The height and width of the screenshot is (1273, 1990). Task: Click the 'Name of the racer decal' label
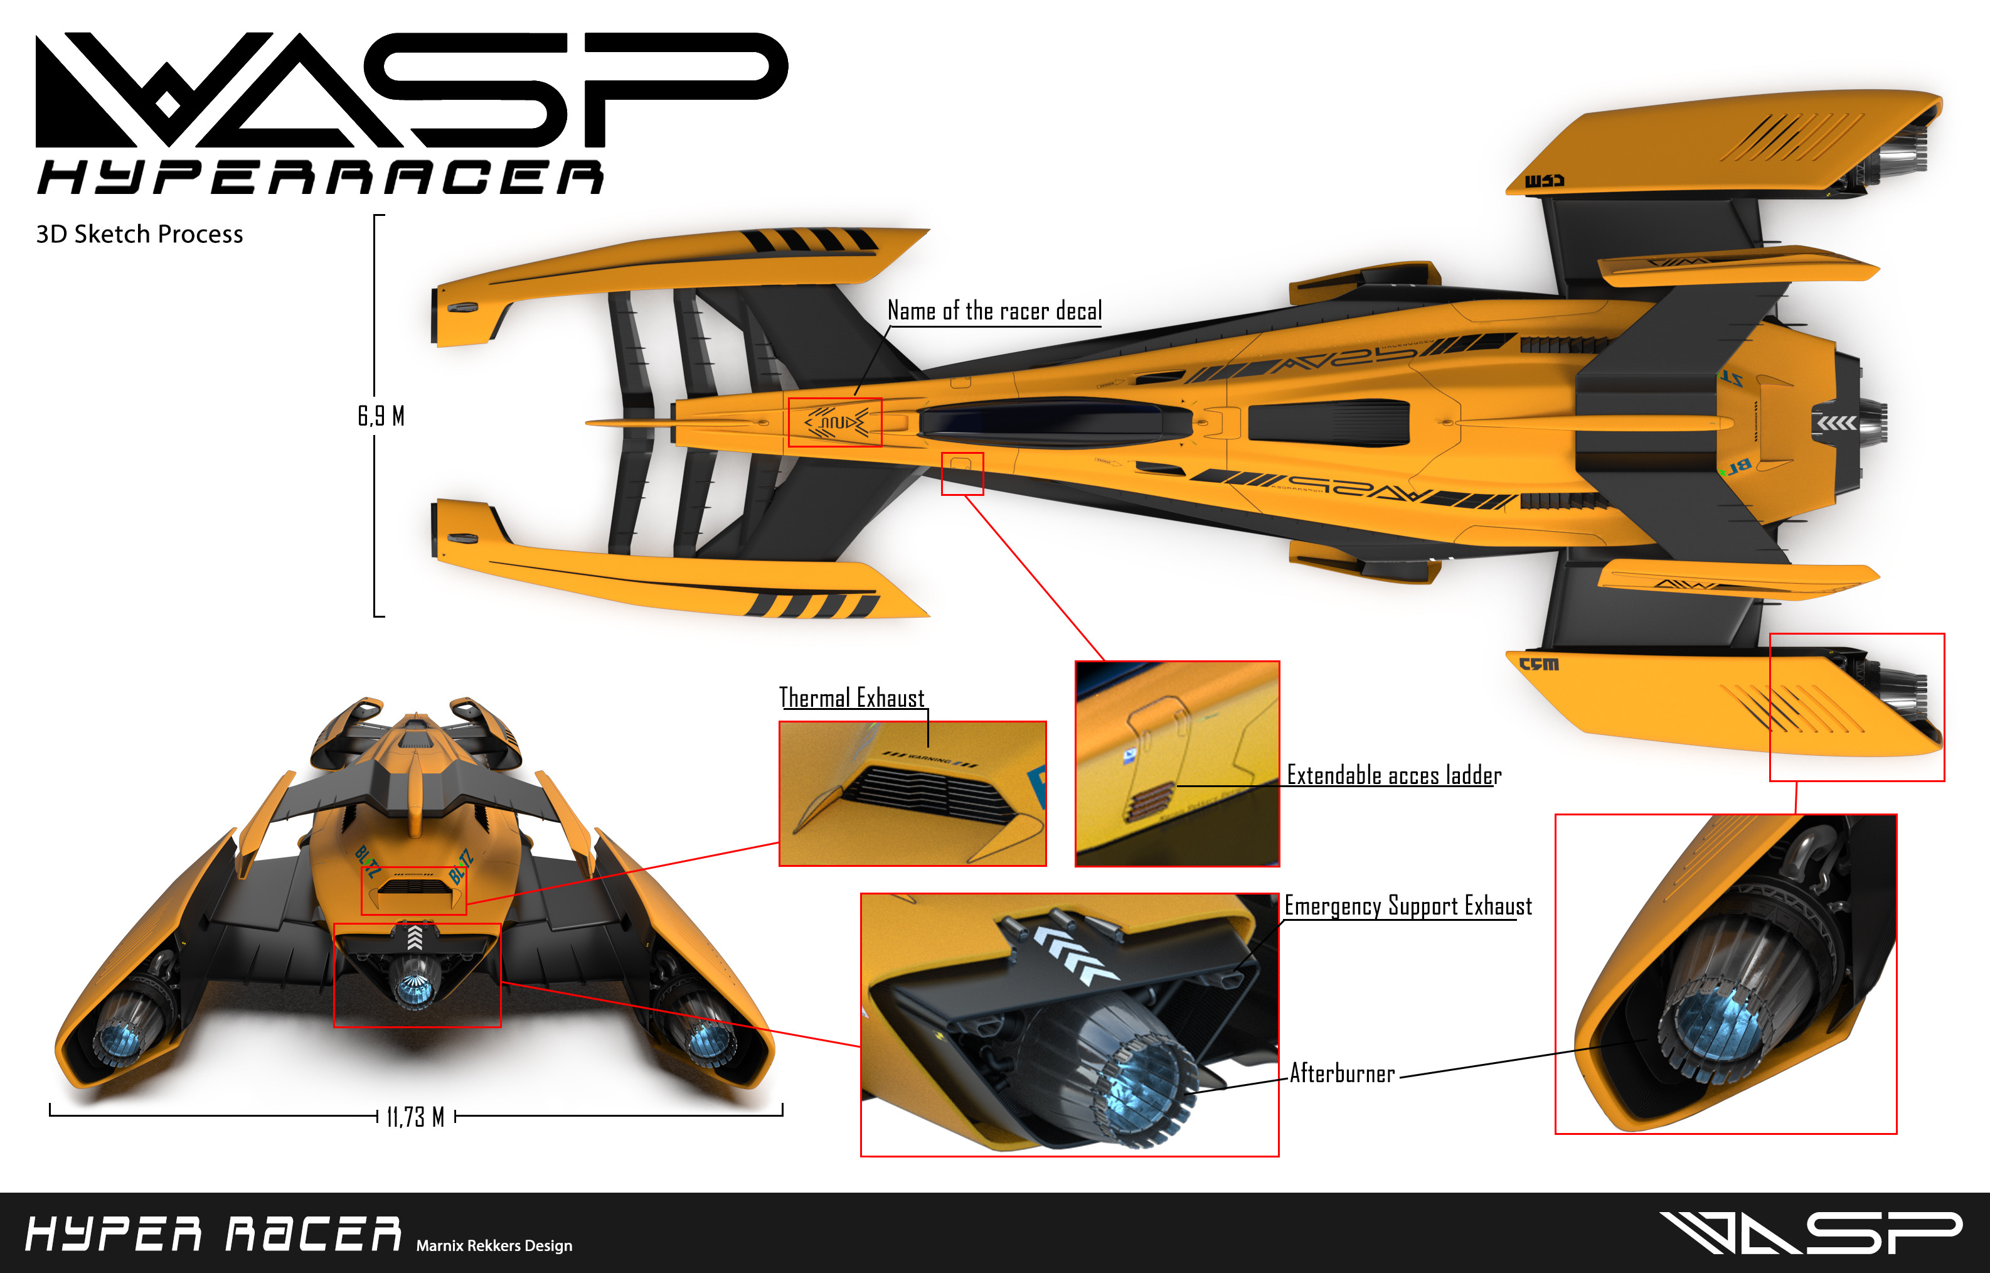tap(994, 311)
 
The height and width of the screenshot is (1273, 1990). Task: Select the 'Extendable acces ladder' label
tap(1393, 775)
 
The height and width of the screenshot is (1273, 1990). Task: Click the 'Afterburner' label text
tap(1342, 1074)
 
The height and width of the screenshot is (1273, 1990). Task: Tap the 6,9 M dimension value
tap(381, 416)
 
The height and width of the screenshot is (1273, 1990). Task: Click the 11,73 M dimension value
tap(416, 1117)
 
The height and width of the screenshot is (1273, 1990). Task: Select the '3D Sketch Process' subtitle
tap(140, 234)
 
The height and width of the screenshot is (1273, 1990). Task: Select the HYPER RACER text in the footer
tap(213, 1234)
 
